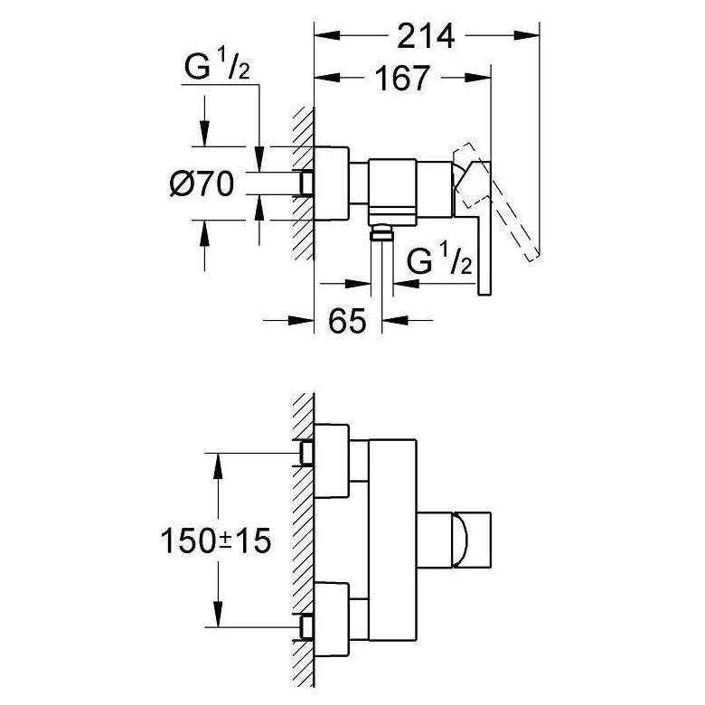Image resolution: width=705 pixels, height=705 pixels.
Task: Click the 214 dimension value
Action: click(x=426, y=36)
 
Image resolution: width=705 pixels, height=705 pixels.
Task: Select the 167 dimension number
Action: click(x=402, y=79)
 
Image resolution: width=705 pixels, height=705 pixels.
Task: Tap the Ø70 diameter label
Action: click(x=202, y=183)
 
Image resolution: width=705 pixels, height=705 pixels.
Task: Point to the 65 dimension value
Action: click(x=347, y=321)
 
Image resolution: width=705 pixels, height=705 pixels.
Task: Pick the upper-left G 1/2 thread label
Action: click(x=217, y=66)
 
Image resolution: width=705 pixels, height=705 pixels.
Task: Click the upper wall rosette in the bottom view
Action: click(x=332, y=461)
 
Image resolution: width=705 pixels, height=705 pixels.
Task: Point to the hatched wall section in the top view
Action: click(x=303, y=183)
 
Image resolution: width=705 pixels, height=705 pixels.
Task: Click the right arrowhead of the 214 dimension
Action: click(x=526, y=35)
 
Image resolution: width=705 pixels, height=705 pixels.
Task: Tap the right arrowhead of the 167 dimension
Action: click(x=478, y=78)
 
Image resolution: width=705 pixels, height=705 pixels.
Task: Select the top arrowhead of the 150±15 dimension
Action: click(x=218, y=466)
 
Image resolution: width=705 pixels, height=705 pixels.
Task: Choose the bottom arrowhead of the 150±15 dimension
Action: click(x=218, y=614)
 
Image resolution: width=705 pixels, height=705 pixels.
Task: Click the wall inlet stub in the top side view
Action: click(x=306, y=183)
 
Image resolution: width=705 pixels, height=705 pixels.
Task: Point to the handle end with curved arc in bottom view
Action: click(x=472, y=540)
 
